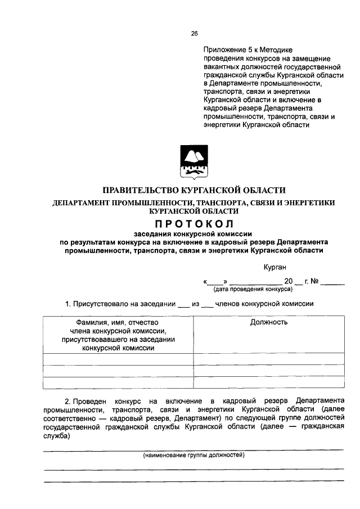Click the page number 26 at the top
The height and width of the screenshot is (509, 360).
(194, 33)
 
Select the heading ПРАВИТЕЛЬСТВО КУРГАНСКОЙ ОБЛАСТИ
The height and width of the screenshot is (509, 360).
(193, 191)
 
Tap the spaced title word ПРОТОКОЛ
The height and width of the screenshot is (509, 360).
(193, 224)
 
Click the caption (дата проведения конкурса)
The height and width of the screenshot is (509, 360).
(252, 289)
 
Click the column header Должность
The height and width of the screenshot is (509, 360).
(269, 322)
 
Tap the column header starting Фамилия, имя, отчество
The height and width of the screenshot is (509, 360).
(118, 322)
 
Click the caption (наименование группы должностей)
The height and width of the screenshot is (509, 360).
(193, 454)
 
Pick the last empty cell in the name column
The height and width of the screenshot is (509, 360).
(118, 382)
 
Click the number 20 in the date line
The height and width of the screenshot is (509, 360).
(289, 281)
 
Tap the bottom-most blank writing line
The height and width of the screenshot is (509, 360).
(193, 480)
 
